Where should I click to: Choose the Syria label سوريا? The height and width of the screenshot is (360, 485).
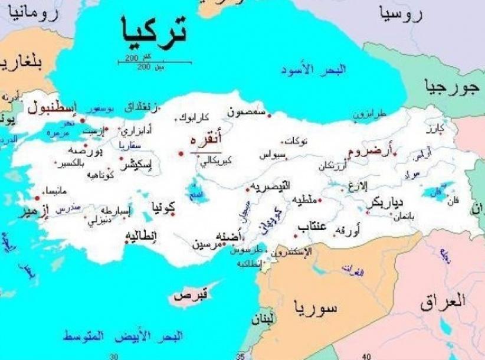tap(317, 307)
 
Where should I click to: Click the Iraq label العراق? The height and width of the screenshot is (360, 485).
tap(443, 303)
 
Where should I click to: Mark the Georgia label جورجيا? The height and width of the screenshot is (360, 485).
tap(450, 89)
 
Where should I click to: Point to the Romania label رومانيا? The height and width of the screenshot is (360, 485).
tap(41, 14)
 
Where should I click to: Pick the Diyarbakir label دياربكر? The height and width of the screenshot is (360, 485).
tap(385, 202)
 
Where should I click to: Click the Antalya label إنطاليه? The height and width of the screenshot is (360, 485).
tap(143, 237)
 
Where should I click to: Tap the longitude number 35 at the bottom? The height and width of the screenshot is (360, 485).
tap(240, 356)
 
